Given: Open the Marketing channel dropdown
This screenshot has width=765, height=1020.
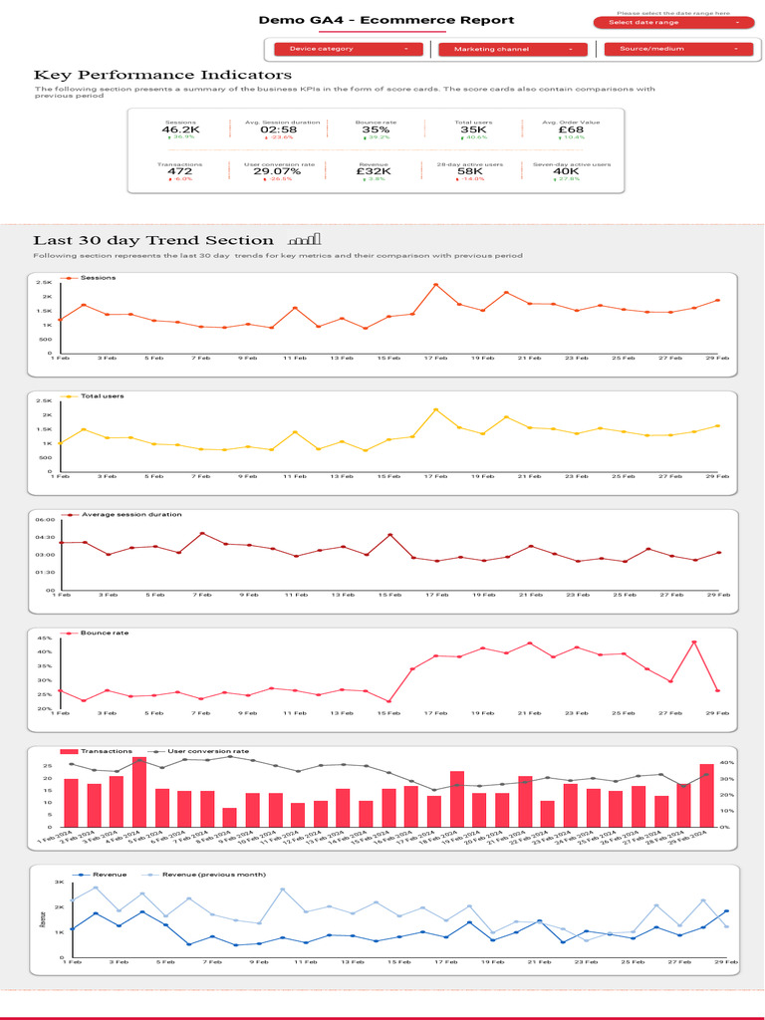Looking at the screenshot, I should tap(513, 49).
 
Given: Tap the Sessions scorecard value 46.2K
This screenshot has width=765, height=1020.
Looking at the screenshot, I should tap(181, 129).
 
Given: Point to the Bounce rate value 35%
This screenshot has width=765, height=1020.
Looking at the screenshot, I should tap(376, 129).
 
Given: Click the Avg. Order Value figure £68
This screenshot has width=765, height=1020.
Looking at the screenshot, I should tap(571, 129).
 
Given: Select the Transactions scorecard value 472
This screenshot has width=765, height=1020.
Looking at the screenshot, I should tap(180, 171).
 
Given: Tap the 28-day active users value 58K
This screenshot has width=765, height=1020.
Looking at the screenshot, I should tap(470, 171).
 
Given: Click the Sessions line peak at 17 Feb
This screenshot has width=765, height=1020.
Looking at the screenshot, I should tap(435, 285).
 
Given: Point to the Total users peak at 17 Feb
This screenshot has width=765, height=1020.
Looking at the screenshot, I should tap(435, 409).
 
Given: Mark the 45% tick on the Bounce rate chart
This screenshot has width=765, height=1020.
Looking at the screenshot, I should tap(46, 637).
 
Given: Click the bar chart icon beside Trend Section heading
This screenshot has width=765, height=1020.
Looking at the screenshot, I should tap(305, 240).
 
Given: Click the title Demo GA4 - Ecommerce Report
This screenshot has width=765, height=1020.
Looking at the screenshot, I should tap(386, 20).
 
